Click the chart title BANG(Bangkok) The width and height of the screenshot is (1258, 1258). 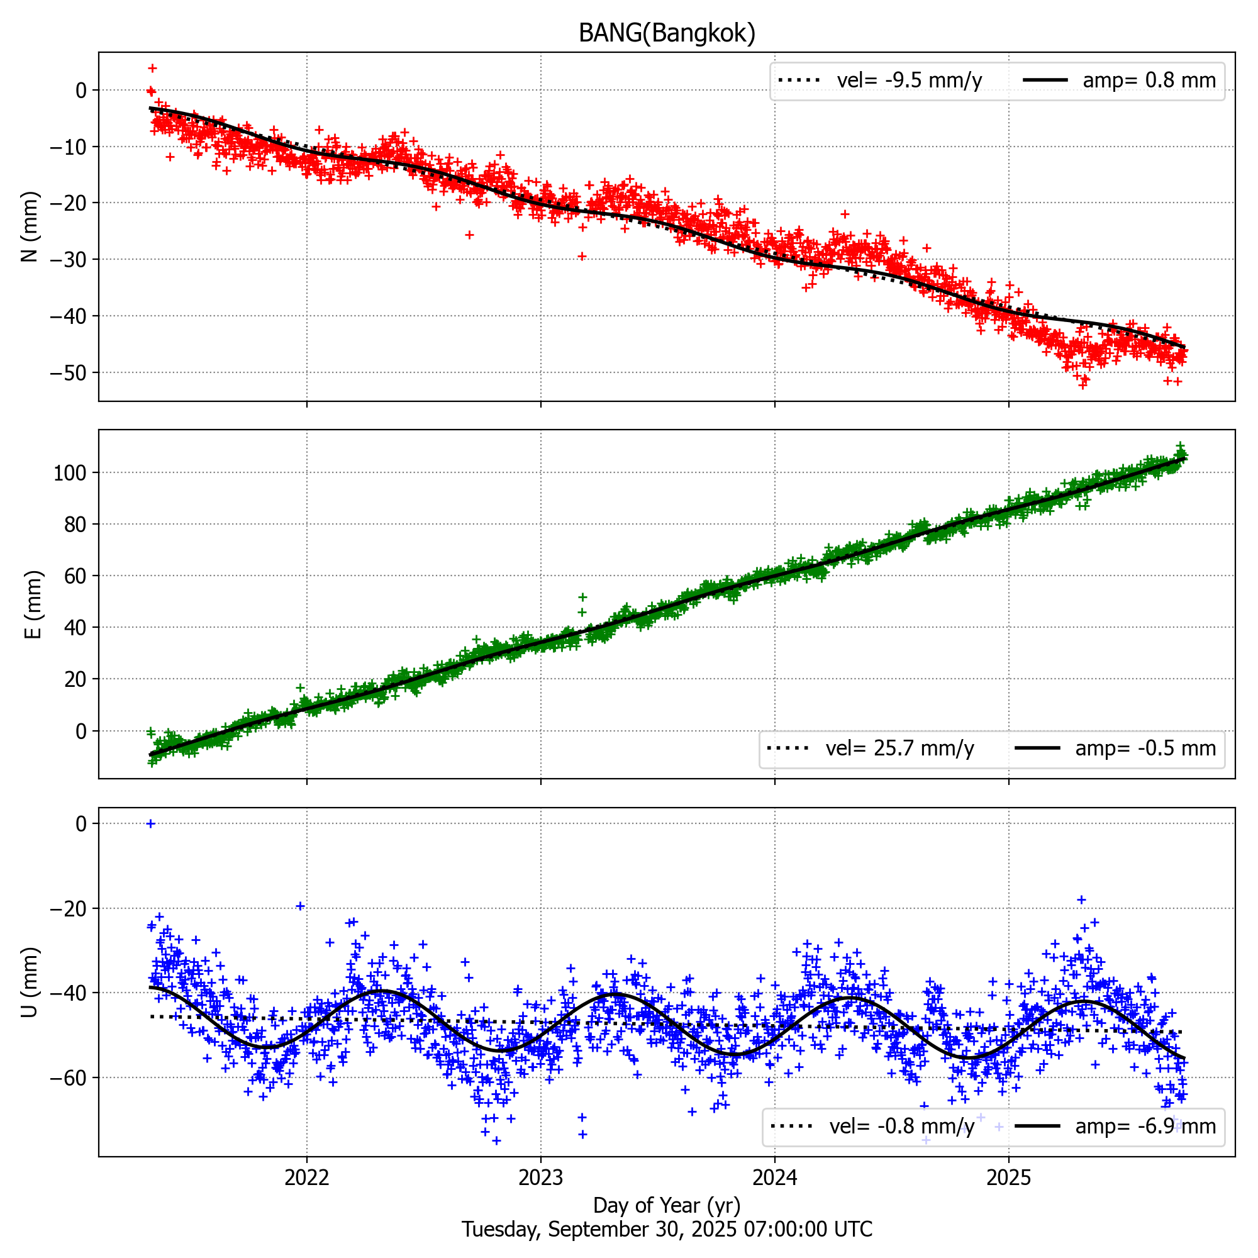tap(667, 33)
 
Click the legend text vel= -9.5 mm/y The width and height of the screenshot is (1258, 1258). tap(909, 80)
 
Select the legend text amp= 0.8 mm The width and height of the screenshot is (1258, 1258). tap(1149, 80)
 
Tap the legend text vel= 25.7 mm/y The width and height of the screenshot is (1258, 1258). tap(900, 748)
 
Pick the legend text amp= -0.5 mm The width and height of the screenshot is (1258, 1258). tap(1145, 748)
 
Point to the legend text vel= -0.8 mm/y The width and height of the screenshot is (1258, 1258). tap(902, 1126)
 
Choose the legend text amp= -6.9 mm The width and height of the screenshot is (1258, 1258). tap(1145, 1126)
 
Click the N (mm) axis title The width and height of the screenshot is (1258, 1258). tap(31, 226)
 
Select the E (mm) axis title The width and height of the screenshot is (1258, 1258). tap(33, 604)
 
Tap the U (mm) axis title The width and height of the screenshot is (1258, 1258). tap(31, 982)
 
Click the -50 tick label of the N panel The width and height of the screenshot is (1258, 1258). tap(68, 373)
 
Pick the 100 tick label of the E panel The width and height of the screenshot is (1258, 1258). tap(70, 473)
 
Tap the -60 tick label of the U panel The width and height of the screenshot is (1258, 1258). tap(68, 1077)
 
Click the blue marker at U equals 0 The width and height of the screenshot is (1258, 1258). tap(150, 824)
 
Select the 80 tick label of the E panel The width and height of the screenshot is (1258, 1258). tap(75, 524)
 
